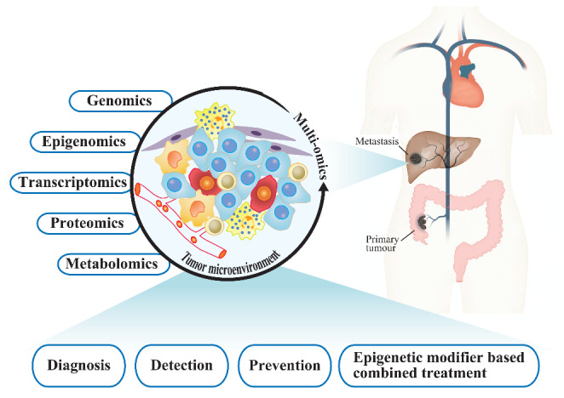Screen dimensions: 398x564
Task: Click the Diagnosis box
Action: [x=72, y=366]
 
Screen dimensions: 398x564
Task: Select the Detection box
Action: [x=181, y=366]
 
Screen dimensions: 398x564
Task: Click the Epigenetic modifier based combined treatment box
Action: [x=439, y=366]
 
